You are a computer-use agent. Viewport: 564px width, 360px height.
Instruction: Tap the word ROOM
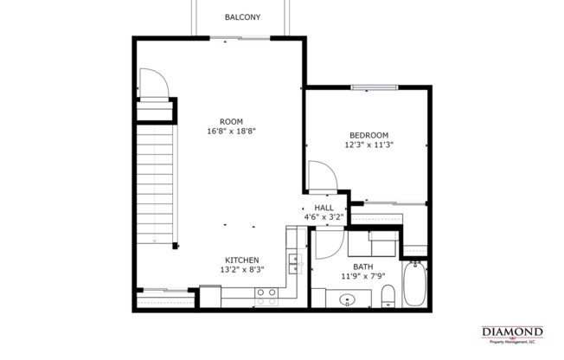(x=231, y=121)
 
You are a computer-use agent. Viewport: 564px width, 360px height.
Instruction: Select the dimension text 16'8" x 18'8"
(x=231, y=132)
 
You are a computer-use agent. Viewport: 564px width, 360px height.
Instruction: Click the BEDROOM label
(x=369, y=135)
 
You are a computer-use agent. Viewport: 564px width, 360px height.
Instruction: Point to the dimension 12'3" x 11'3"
(x=369, y=145)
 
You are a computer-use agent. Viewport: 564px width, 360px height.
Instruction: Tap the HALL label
(x=324, y=208)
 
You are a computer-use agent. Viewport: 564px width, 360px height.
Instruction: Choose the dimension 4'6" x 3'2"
(x=324, y=218)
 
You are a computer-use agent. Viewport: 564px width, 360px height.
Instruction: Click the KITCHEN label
(x=243, y=260)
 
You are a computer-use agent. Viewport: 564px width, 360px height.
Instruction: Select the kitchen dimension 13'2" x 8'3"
(x=243, y=270)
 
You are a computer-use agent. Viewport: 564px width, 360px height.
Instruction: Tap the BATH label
(x=362, y=267)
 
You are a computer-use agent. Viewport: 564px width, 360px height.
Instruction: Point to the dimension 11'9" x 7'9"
(x=362, y=277)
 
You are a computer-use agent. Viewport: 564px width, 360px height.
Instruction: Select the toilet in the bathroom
(x=388, y=295)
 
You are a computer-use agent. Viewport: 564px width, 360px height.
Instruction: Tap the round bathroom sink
(x=348, y=300)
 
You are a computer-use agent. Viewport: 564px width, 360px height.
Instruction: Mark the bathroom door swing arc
(x=328, y=244)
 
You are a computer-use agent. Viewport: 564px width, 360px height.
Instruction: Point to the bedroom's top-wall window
(x=374, y=87)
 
